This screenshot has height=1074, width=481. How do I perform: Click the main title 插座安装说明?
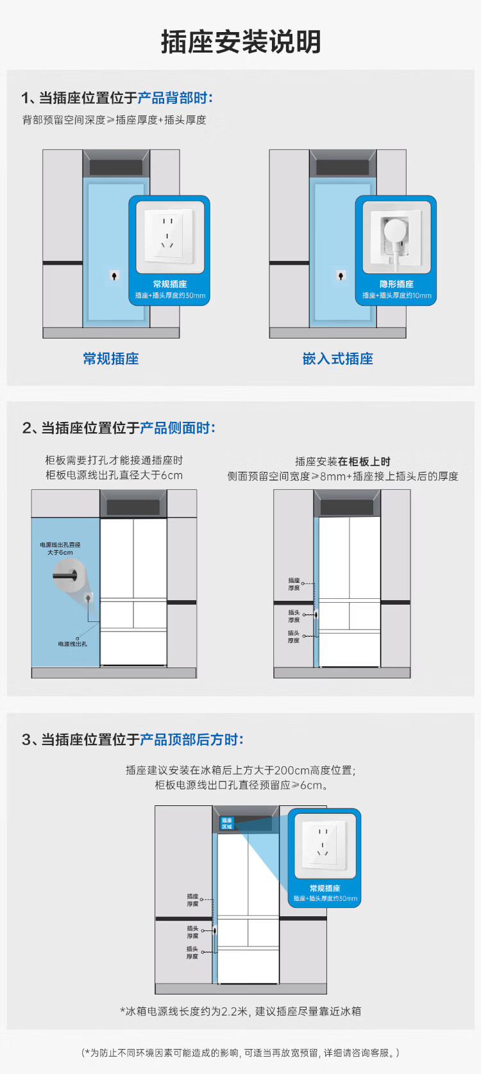tap(240, 42)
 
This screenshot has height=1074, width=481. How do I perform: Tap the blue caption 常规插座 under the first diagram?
tap(111, 358)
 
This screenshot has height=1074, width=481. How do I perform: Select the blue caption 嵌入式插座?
tap(337, 358)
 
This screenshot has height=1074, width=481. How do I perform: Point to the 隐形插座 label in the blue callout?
tap(396, 284)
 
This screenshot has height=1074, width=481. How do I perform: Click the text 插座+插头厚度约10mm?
tap(396, 296)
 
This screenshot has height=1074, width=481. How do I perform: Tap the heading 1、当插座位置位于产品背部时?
tap(117, 97)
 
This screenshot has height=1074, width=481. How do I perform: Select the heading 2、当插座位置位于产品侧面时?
tap(119, 428)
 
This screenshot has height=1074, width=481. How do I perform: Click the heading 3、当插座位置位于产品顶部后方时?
tap(133, 739)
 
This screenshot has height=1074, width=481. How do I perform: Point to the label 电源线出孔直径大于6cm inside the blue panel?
tap(60, 548)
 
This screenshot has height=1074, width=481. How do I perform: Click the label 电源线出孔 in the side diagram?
tap(72, 644)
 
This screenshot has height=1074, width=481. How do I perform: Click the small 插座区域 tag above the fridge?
tap(227, 823)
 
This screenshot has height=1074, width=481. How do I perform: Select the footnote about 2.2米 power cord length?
tap(240, 1011)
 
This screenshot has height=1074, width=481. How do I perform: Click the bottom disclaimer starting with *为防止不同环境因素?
tap(240, 1053)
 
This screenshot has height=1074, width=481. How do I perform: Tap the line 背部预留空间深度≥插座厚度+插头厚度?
tap(114, 120)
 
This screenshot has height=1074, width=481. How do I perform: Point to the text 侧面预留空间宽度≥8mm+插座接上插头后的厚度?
tap(342, 476)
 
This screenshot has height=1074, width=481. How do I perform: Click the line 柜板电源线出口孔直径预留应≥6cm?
tap(241, 785)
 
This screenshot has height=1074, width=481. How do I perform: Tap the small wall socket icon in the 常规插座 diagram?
tap(114, 276)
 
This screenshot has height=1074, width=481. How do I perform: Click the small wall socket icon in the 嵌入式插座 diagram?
tap(341, 276)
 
